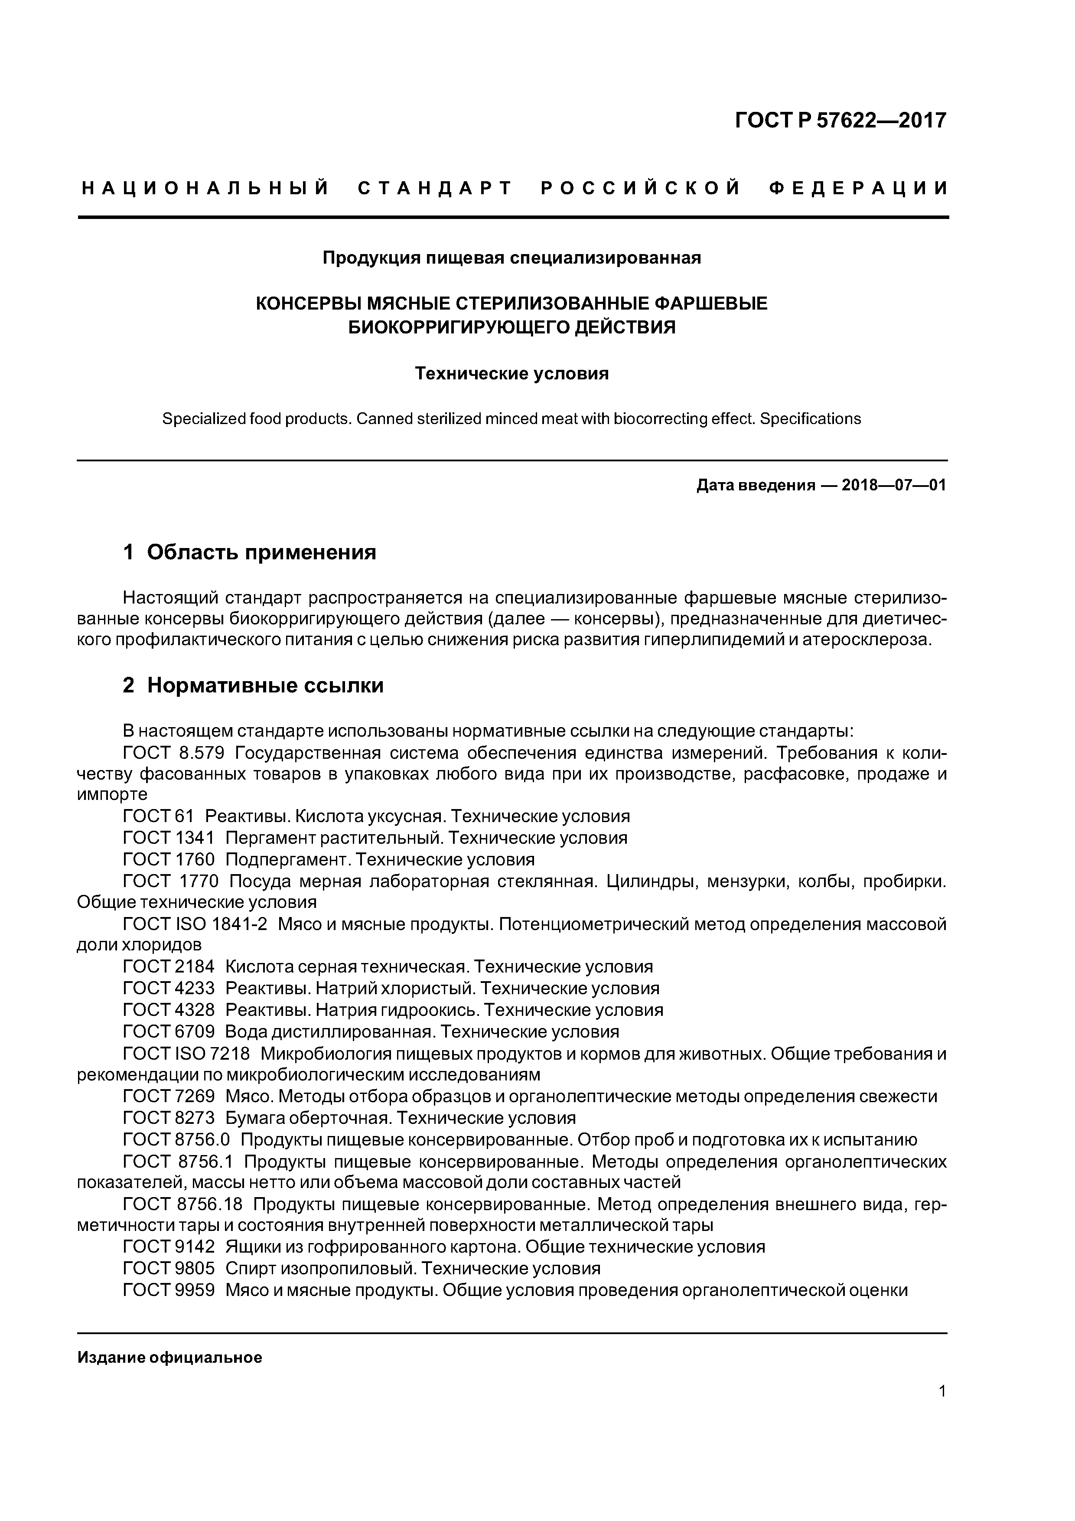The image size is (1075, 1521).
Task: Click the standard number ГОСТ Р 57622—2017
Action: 840,121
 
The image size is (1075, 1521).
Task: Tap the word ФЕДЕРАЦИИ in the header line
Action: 859,189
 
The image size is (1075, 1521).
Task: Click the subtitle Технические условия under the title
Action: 511,374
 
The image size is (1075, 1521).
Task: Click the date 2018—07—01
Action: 893,486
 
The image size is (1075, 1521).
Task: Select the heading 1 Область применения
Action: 250,552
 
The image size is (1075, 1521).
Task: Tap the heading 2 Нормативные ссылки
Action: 253,685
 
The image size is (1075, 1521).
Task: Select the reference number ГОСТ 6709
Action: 169,1032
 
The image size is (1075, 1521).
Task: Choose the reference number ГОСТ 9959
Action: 169,1290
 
